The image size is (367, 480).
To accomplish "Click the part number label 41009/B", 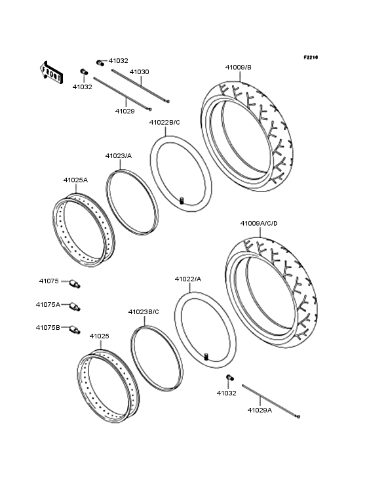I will point(238,67).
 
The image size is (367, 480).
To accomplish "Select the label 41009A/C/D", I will point(259,224).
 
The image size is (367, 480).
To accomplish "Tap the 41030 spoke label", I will point(139,71).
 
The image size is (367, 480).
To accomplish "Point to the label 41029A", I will point(260,410).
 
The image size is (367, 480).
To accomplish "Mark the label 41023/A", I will point(118,155).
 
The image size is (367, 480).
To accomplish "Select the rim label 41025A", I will point(75,180).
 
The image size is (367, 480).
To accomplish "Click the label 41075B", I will point(48,327).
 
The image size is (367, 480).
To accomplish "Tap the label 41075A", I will point(48,304).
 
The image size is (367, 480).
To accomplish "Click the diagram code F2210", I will point(310,58).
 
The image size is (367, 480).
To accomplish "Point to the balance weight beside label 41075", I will point(74,283).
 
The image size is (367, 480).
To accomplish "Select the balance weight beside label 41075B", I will point(73,330).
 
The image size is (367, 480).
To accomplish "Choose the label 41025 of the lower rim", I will point(99,336).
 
